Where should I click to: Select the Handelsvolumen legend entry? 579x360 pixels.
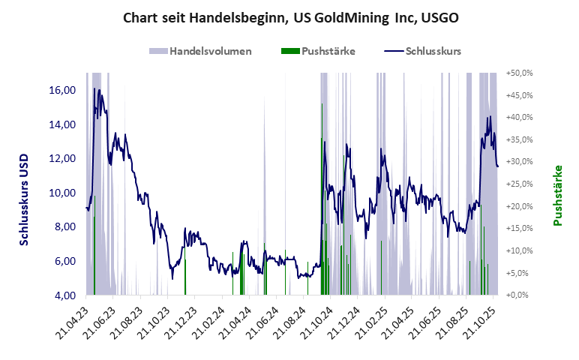(209, 51)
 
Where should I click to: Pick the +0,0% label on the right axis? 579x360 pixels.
(520, 295)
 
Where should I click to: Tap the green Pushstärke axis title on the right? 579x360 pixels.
(558, 195)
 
